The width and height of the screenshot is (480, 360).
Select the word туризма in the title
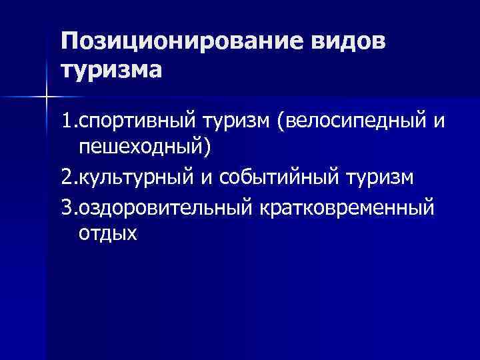point(111,69)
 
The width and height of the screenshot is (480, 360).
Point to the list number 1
point(66,121)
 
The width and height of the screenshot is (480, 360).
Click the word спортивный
point(135,121)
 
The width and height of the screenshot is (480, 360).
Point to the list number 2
point(66,178)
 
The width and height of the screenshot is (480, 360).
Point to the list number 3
point(66,207)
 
